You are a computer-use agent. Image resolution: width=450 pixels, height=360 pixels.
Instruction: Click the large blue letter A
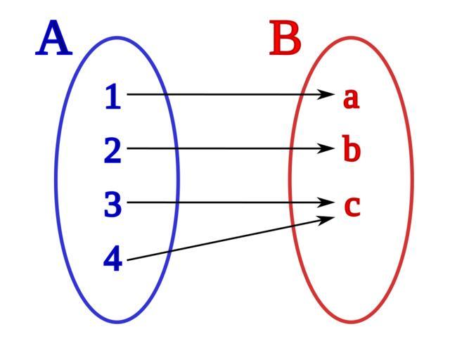54,40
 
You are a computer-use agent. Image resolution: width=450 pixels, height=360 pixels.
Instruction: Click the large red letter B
285,39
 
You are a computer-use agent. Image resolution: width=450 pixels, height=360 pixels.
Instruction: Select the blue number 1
112,97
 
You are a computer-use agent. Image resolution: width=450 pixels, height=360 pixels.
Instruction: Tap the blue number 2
112,151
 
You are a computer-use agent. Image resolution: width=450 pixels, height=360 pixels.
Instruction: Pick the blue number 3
113,205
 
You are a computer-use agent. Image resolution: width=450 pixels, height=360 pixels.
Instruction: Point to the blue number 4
112,259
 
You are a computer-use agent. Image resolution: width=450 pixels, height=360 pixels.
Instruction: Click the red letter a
351,98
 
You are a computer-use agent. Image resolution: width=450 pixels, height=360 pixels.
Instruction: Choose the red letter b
352,150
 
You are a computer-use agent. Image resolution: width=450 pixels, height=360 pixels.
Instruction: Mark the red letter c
352,205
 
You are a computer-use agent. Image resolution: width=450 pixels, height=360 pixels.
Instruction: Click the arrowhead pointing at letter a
328,94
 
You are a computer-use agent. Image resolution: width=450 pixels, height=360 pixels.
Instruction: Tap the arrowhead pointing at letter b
328,148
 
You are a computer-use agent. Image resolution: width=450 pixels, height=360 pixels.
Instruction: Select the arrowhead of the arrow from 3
328,202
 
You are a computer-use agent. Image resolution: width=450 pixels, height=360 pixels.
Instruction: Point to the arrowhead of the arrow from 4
328,219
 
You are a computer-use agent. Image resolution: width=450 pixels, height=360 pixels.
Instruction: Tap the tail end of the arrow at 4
129,259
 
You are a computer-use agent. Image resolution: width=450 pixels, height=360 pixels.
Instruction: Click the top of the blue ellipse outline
117,38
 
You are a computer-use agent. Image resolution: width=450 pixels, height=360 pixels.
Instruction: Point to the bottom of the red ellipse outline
351,322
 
